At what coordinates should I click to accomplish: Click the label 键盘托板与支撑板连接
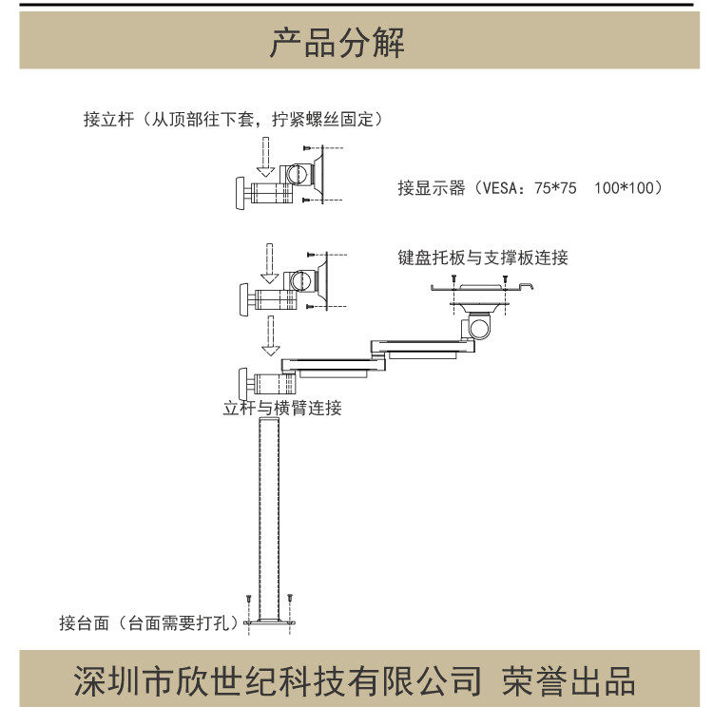(483, 258)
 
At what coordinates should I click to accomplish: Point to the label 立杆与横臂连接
(282, 409)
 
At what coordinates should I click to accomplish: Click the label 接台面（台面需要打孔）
(148, 623)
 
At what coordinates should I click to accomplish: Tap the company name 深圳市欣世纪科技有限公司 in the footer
(279, 680)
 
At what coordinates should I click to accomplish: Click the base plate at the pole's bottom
(270, 622)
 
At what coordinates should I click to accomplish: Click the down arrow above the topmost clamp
(269, 153)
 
